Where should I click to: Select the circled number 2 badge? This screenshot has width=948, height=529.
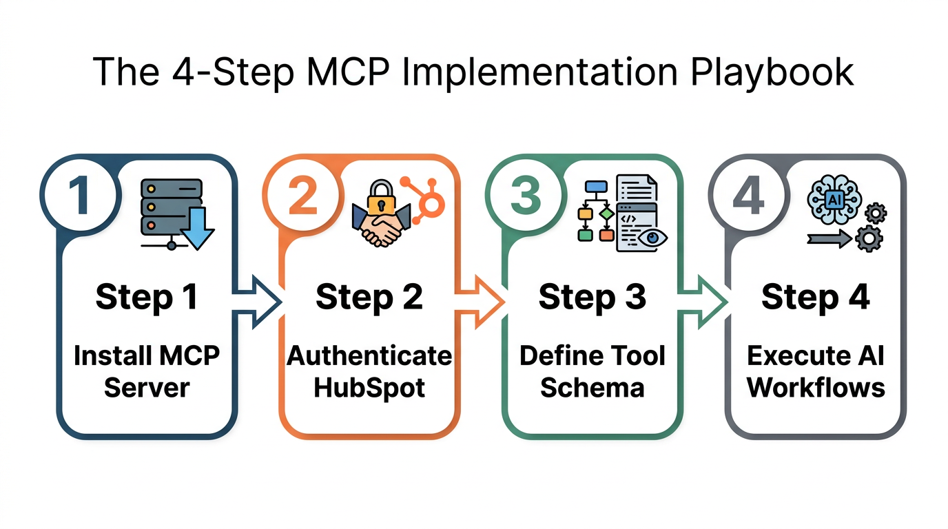(x=301, y=195)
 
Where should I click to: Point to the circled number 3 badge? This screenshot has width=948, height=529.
(x=524, y=195)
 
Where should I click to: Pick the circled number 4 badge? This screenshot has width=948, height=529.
(x=748, y=195)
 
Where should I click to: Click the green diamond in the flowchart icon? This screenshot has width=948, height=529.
(x=606, y=214)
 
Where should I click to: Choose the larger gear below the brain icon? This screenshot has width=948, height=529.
(x=868, y=239)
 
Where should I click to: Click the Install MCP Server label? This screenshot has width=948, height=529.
(x=146, y=371)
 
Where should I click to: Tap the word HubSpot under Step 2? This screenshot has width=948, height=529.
(x=369, y=387)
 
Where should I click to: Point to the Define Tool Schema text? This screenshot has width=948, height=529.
(x=592, y=371)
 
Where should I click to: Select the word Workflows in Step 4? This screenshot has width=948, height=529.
(x=816, y=387)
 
